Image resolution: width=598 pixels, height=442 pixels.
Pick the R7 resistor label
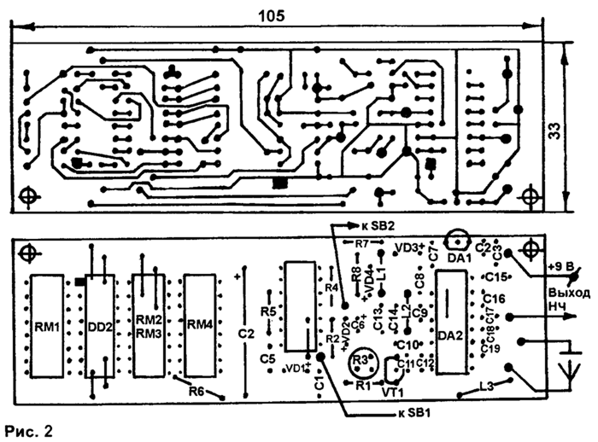[361, 243]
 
